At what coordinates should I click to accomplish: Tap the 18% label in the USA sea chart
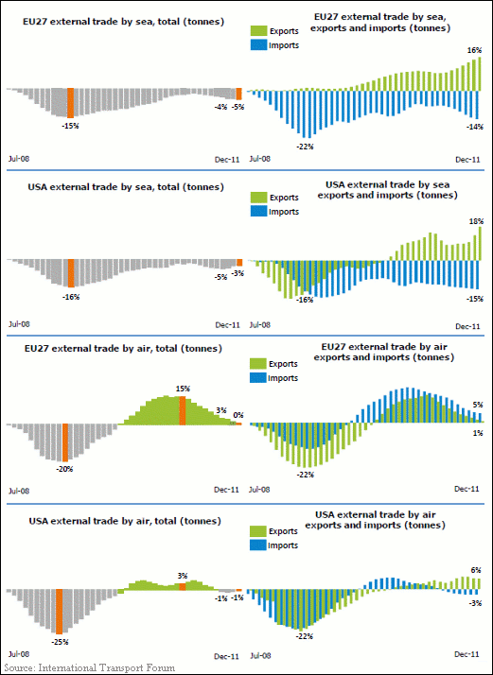pos(474,221)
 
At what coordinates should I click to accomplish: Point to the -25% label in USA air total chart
pos(62,642)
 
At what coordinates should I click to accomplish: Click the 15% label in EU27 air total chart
pos(183,389)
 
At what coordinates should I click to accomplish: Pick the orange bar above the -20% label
pos(65,442)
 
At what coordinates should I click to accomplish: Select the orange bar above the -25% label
pos(59,612)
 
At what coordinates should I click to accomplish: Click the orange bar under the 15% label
pos(183,410)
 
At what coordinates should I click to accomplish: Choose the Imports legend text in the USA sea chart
pos(284,212)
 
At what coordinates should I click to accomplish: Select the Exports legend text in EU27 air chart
pos(284,364)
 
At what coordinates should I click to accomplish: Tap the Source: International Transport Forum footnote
pos(90,668)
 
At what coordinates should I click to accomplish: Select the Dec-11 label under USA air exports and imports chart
pos(467,654)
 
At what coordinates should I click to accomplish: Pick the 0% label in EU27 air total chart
pos(238,415)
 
